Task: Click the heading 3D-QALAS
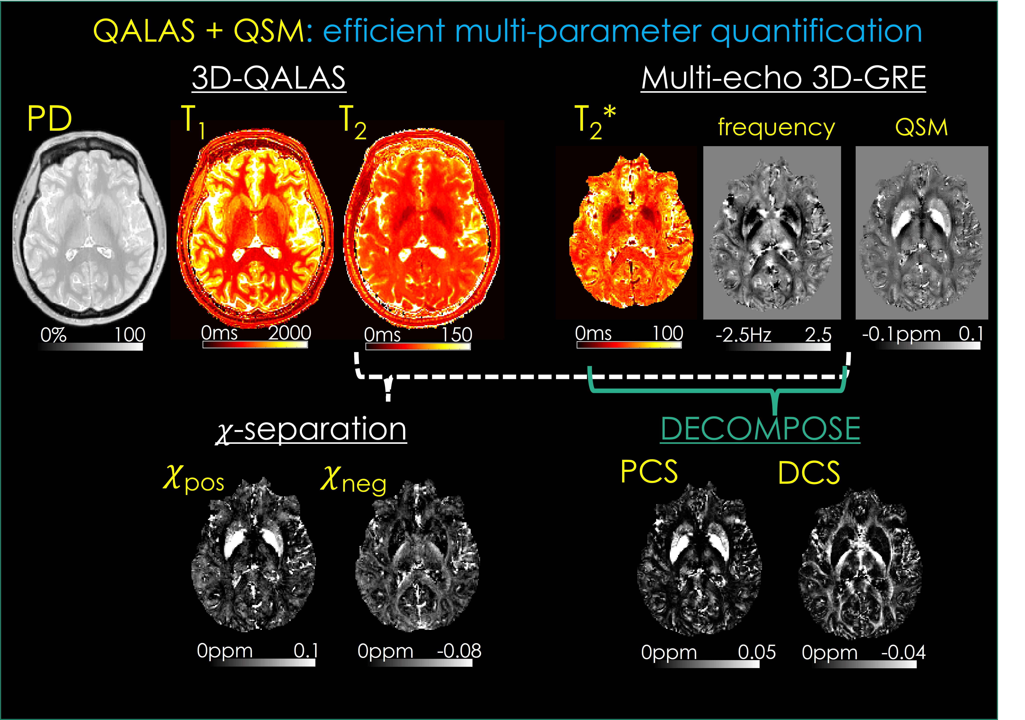tap(269, 78)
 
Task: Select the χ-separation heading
tap(311, 429)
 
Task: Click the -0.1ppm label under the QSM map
tap(901, 334)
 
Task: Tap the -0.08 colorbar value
tap(459, 651)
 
